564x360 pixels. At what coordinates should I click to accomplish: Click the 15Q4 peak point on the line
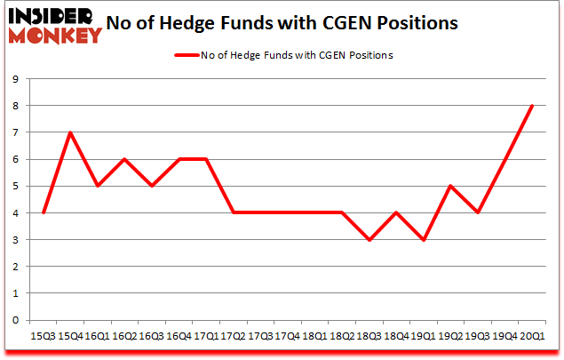click(70, 132)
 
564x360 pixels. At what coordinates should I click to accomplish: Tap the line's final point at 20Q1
click(532, 106)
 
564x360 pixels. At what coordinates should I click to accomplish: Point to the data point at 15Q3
click(44, 212)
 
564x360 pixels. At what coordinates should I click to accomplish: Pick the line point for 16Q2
click(124, 159)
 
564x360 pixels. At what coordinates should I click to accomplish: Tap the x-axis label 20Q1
click(533, 336)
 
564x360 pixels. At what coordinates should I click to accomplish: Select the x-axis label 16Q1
click(98, 336)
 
